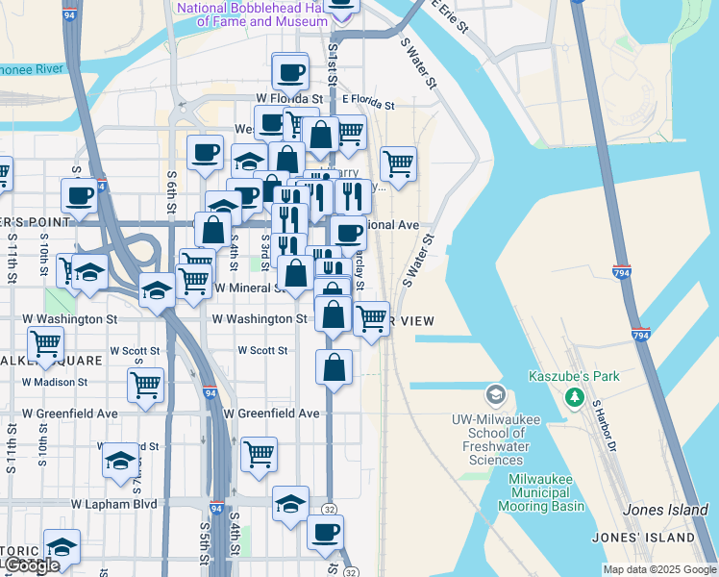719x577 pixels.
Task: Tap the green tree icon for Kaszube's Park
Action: pos(575,396)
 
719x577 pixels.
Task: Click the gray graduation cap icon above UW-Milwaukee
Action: pos(495,394)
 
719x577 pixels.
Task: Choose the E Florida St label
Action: pos(369,100)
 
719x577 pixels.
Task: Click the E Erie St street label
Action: pos(449,15)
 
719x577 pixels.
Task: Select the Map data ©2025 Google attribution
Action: pos(660,569)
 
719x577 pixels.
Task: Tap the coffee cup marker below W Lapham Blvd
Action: pos(325,531)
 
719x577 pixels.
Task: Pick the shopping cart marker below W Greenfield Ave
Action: pos(259,453)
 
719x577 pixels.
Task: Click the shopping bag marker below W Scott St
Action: pos(334,366)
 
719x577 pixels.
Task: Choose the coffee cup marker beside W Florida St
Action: pos(289,71)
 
